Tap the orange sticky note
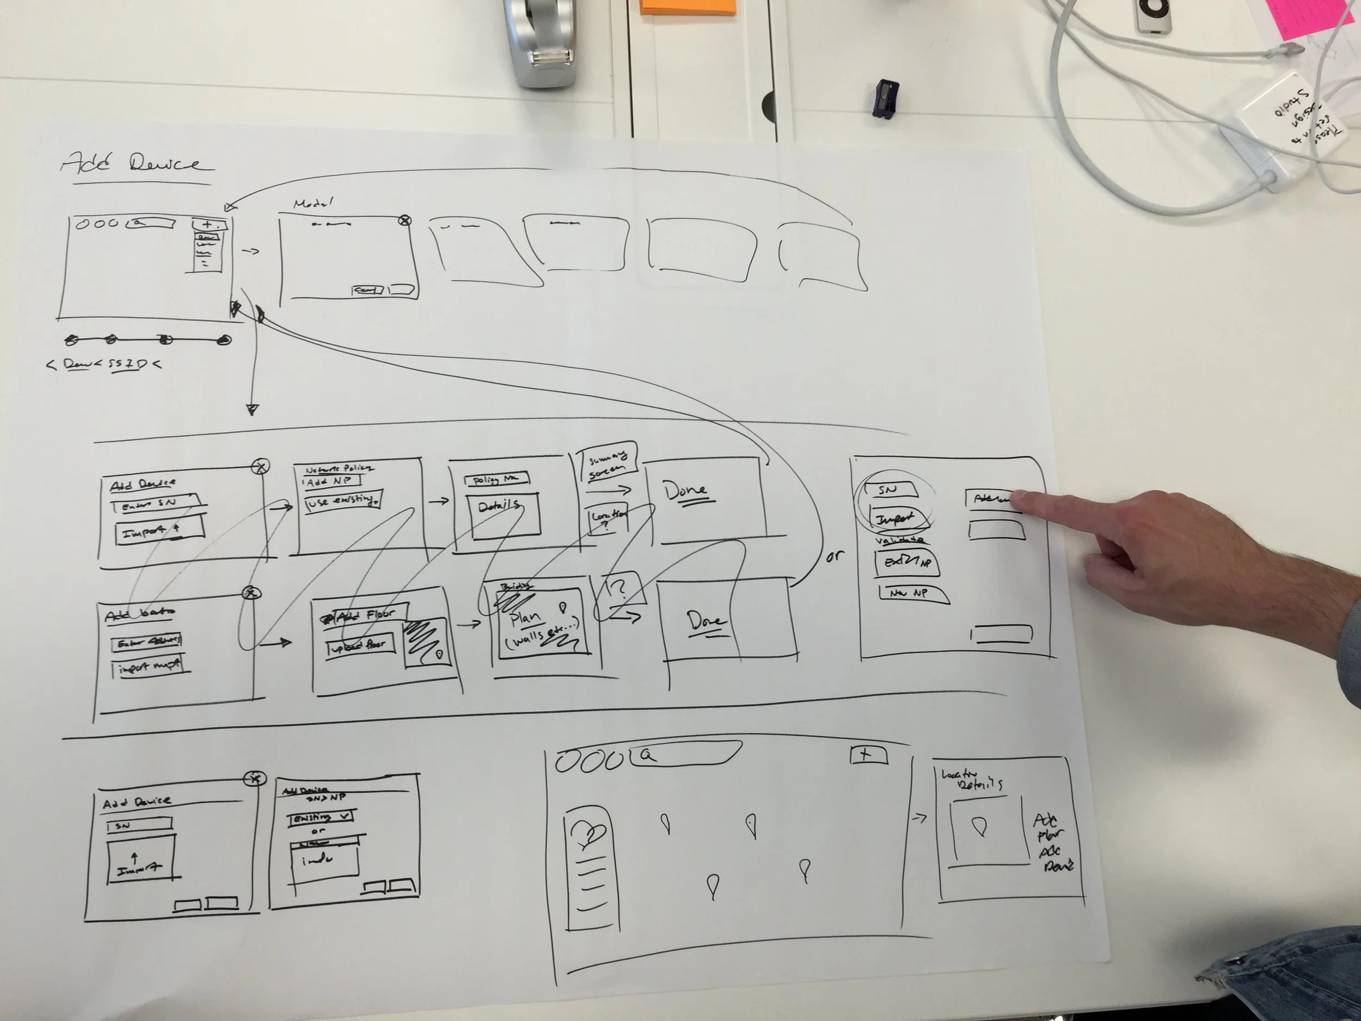[x=686, y=7]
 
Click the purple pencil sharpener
[x=884, y=98]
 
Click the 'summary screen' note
[x=608, y=463]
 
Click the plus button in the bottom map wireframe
[x=868, y=755]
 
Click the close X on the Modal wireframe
[x=404, y=221]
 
